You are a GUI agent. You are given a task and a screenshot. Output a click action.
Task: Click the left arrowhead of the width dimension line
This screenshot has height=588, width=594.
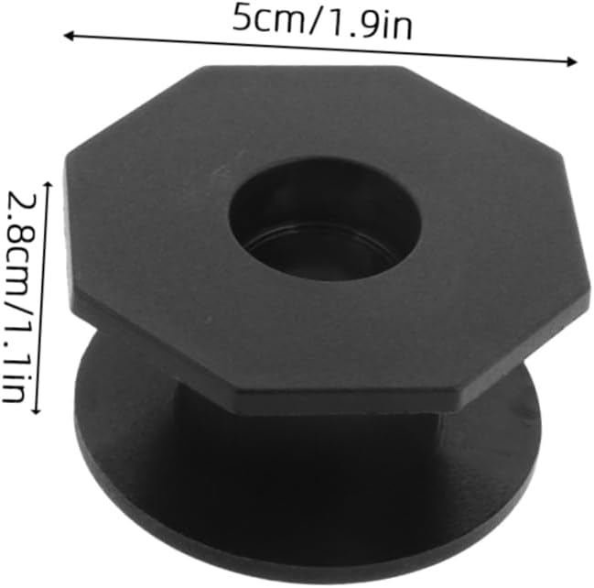pyautogui.click(x=69, y=36)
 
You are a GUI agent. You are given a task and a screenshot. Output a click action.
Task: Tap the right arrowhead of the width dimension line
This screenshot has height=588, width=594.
pyautogui.click(x=572, y=61)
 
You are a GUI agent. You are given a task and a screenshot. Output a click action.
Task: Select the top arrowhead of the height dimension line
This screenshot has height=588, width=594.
pyautogui.click(x=48, y=186)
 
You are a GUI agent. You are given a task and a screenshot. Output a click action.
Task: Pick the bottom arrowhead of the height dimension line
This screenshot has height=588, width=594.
pyautogui.click(x=37, y=409)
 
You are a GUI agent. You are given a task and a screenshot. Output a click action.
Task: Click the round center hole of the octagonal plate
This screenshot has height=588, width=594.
pyautogui.click(x=325, y=220)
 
